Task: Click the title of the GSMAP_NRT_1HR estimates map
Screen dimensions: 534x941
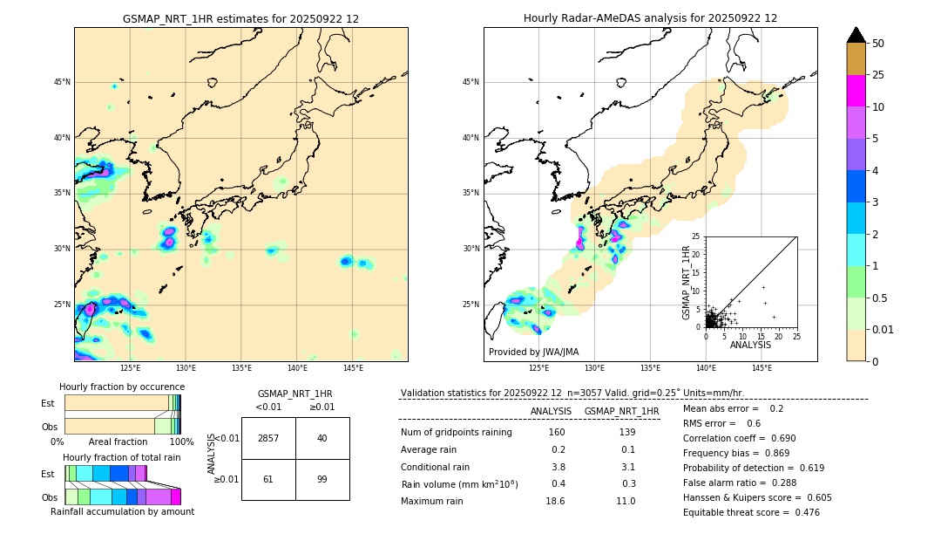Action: (x=240, y=18)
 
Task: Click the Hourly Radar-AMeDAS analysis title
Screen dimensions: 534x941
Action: (x=650, y=18)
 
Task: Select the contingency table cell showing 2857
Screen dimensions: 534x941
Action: (x=268, y=438)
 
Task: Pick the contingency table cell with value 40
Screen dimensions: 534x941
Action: (x=322, y=438)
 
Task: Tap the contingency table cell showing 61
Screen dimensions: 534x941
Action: (x=268, y=479)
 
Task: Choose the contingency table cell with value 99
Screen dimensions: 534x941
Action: (x=322, y=479)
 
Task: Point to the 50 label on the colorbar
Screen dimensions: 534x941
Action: (x=878, y=44)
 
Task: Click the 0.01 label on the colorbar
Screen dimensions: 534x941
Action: (x=883, y=329)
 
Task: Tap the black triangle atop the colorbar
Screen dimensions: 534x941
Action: (x=856, y=35)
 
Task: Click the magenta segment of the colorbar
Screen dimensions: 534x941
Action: (x=856, y=91)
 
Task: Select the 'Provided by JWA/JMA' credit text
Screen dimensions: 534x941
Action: (x=533, y=353)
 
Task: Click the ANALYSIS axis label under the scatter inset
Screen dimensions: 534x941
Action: (x=750, y=345)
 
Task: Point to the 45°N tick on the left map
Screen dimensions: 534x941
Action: (x=62, y=82)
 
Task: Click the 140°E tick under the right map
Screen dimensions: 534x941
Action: (x=706, y=368)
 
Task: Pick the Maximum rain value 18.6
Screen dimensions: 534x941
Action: (x=555, y=501)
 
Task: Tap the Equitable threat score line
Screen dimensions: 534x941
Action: (x=751, y=512)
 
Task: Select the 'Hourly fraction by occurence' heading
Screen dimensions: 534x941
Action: (x=122, y=387)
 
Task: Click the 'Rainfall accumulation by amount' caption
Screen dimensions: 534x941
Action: (x=122, y=511)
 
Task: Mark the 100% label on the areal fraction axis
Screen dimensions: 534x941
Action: (x=181, y=442)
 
